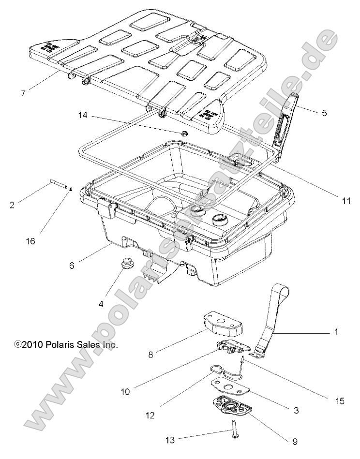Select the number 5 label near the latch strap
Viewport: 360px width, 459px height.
coord(338,113)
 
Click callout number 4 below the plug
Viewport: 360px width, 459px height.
coord(101,304)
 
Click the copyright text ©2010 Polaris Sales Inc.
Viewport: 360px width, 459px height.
coord(60,345)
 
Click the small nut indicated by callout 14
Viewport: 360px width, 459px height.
coord(184,133)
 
